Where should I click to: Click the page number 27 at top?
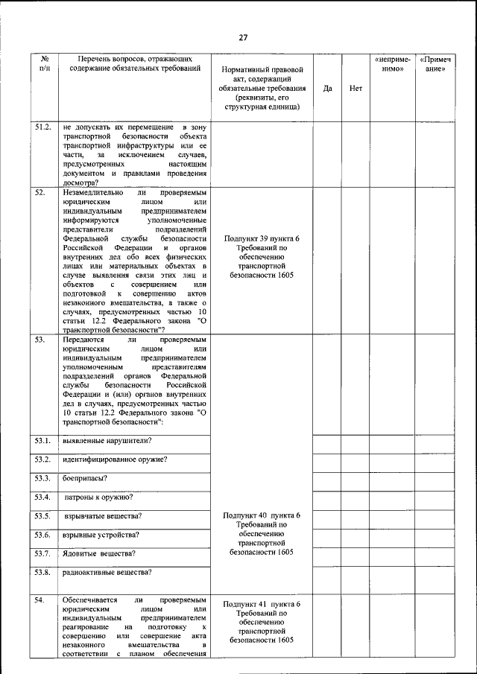(x=243, y=38)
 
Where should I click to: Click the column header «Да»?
(x=327, y=88)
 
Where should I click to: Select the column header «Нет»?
(x=356, y=88)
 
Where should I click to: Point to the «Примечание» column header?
(x=435, y=63)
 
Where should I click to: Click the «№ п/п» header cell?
(x=45, y=63)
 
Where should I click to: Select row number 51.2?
(x=43, y=128)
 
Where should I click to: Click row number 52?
(x=41, y=193)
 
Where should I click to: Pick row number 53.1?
(x=43, y=439)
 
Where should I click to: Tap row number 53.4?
(x=43, y=497)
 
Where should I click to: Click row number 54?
(x=41, y=600)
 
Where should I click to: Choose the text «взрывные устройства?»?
(x=101, y=535)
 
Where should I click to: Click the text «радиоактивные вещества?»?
(x=107, y=572)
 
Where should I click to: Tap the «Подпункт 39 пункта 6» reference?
(x=262, y=238)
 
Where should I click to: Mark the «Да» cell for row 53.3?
(x=327, y=480)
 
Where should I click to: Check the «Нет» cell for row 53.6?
(x=356, y=537)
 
